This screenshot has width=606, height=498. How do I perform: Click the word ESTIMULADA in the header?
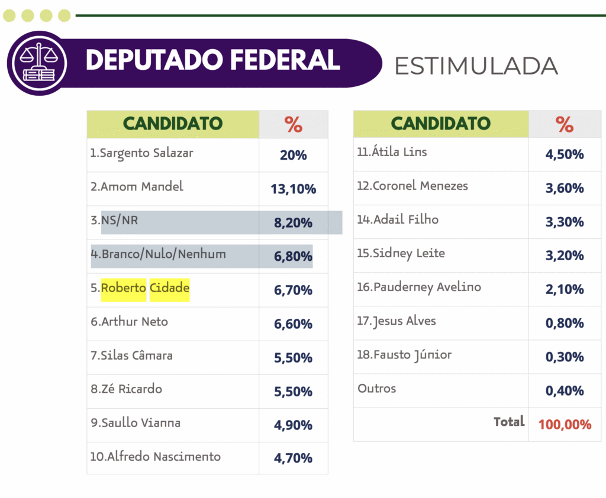[x=476, y=66]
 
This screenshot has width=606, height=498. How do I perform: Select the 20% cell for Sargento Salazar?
[x=293, y=155]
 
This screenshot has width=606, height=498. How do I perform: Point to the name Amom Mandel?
[x=141, y=187]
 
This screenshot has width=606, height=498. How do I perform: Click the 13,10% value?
[x=293, y=189]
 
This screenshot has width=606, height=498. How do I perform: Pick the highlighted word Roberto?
[x=124, y=288]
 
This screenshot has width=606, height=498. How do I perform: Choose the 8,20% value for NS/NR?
[x=293, y=223]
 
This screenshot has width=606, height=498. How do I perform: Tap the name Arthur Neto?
[x=134, y=322]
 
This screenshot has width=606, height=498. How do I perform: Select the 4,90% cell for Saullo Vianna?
[x=293, y=425]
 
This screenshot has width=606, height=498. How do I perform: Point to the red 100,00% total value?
[x=565, y=424]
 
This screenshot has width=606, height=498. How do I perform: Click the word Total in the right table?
[x=509, y=422]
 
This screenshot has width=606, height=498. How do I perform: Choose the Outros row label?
[x=377, y=389]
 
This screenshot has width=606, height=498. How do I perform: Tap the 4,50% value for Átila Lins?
[x=565, y=154]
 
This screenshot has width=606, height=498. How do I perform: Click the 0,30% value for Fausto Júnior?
[x=565, y=357]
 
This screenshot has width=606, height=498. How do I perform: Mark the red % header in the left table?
[x=293, y=124]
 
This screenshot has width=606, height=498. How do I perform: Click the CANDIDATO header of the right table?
[x=441, y=124]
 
